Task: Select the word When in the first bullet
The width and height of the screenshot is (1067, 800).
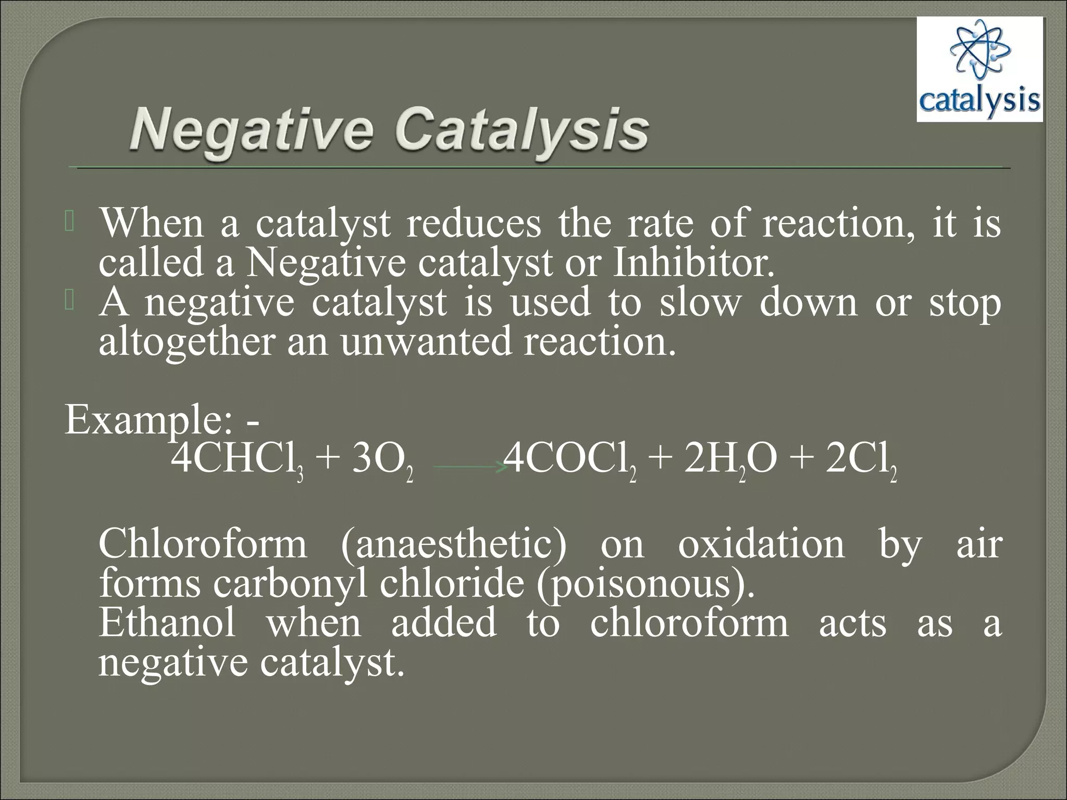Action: (152, 223)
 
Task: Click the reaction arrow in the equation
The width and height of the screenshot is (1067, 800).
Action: (470, 467)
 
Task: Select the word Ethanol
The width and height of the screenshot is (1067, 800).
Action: (167, 623)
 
